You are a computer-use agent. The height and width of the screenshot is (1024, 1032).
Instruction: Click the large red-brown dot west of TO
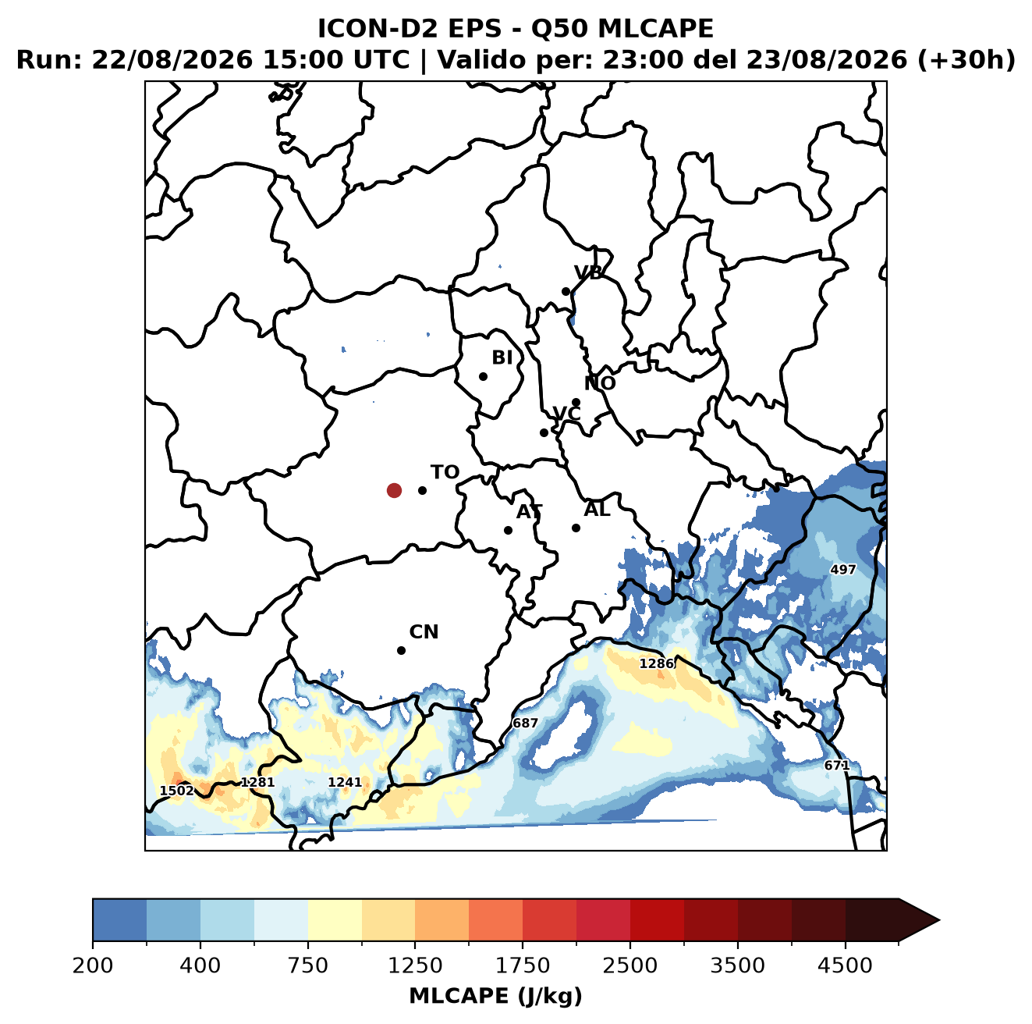(x=394, y=490)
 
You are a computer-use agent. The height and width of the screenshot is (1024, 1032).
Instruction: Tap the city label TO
(x=445, y=472)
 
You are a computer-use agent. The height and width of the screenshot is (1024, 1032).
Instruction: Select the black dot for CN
(x=401, y=650)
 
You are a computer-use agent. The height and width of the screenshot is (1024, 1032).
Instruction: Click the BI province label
(x=502, y=357)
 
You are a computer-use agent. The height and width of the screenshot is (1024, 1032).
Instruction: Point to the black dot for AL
(x=576, y=528)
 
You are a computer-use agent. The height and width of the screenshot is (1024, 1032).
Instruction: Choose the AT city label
(x=529, y=512)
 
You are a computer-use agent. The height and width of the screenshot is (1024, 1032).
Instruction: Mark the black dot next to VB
(x=566, y=291)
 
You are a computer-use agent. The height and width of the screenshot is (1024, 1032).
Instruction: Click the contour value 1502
(x=177, y=791)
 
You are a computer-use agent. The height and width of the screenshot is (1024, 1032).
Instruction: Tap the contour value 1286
(x=656, y=664)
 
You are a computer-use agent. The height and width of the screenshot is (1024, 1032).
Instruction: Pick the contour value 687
(x=525, y=723)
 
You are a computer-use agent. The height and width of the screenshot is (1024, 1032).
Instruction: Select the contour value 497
(x=843, y=570)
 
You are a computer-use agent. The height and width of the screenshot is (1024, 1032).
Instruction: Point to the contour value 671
(x=836, y=765)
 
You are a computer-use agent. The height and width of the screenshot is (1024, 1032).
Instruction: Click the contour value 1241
(x=345, y=782)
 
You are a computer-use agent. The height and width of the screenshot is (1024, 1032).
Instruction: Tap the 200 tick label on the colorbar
(x=93, y=965)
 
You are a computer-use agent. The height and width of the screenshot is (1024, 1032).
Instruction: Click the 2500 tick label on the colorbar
(x=629, y=965)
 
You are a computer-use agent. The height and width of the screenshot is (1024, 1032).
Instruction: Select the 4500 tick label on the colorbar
(x=845, y=965)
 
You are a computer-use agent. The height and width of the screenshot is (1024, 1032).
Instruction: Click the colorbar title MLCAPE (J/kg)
(x=495, y=996)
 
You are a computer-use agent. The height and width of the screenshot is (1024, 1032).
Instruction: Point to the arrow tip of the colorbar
(x=939, y=921)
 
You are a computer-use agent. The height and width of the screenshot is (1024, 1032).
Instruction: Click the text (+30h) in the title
(x=966, y=60)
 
